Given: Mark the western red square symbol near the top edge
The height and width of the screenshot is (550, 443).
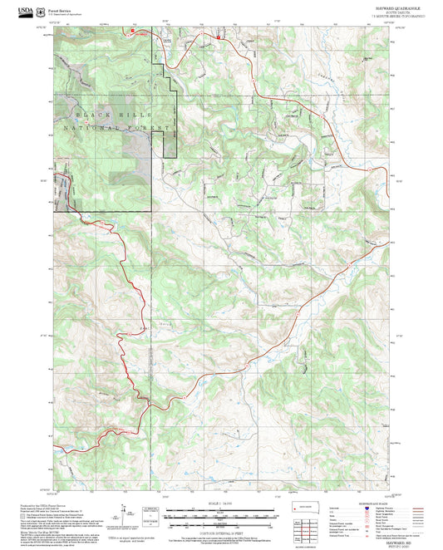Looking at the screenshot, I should point(131,31).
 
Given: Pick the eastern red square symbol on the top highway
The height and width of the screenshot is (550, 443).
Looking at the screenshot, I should point(218,37).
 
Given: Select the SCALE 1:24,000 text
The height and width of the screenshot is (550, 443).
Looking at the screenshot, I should point(221,503).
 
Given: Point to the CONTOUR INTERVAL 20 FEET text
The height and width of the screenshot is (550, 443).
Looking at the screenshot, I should point(221,532).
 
